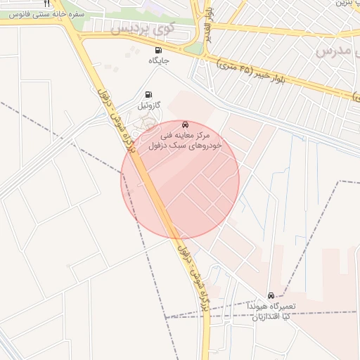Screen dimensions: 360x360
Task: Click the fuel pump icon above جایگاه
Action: coord(157,51)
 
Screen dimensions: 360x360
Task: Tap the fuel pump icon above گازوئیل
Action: coord(148,95)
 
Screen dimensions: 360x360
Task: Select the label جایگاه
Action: coord(159,61)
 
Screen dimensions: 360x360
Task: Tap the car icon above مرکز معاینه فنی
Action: coord(185,124)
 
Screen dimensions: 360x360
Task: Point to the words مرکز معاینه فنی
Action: coord(185,134)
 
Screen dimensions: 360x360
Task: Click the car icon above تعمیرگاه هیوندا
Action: coord(271,295)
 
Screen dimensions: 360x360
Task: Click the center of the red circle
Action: coord(181,179)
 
